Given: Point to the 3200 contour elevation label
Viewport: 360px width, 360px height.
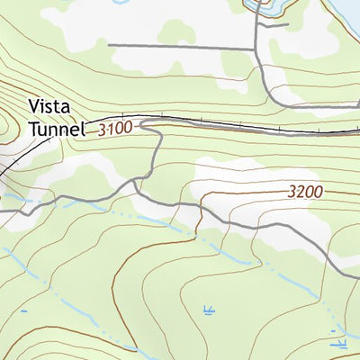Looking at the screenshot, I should tap(306, 192).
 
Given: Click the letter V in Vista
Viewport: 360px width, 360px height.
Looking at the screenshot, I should tap(34, 105).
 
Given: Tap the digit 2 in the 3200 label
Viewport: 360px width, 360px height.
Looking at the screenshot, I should tap(301, 192).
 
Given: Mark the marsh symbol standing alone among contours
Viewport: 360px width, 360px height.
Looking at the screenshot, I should tap(209, 311).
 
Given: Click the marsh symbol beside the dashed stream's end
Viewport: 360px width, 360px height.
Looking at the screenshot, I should tap(340, 342).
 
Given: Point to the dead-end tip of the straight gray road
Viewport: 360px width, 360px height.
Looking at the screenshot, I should tap(108, 44).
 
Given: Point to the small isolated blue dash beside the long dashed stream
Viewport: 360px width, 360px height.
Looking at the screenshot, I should tap(23, 312).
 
